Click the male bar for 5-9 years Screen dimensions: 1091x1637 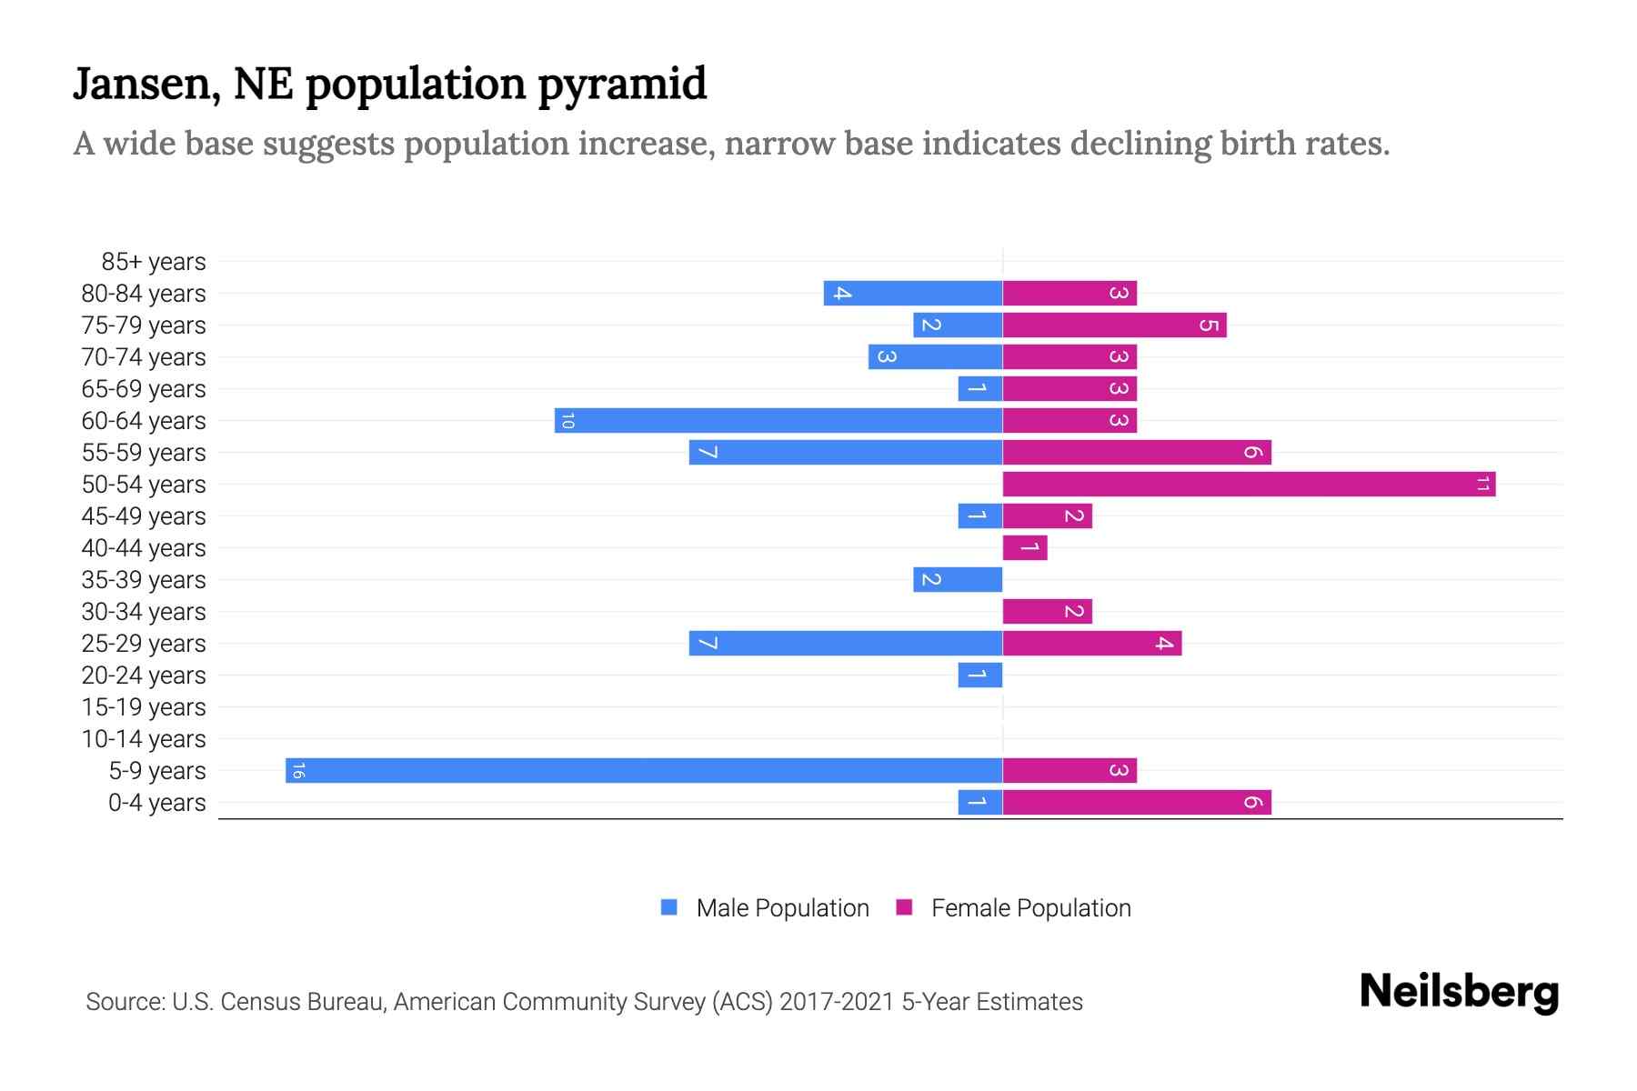pyautogui.click(x=644, y=770)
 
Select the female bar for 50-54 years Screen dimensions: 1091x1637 pyautogui.click(x=1249, y=484)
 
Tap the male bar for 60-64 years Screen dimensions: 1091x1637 pyautogui.click(x=778, y=420)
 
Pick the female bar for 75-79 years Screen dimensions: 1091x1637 pyautogui.click(x=1114, y=325)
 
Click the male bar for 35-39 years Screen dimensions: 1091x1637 pyautogui.click(x=958, y=579)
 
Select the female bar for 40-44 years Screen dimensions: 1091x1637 pyautogui.click(x=1025, y=547)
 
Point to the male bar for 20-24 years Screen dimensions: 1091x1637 pyautogui.click(x=980, y=675)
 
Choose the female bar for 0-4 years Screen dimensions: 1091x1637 pyautogui.click(x=1137, y=802)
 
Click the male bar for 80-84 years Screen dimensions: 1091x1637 pyautogui.click(x=913, y=293)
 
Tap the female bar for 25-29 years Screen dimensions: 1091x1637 pyautogui.click(x=1091, y=643)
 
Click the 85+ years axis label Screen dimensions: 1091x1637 pyautogui.click(x=154, y=262)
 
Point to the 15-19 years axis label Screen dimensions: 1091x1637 pyautogui.click(x=144, y=707)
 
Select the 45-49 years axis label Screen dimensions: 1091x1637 pyautogui.click(x=144, y=516)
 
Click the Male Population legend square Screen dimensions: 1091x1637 pyautogui.click(x=669, y=907)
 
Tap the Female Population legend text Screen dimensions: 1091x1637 pyautogui.click(x=1030, y=908)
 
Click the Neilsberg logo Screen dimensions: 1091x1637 pyautogui.click(x=1459, y=992)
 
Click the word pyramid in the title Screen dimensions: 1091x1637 pyautogui.click(x=622, y=85)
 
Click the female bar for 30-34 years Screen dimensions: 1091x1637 pyautogui.click(x=1047, y=611)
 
